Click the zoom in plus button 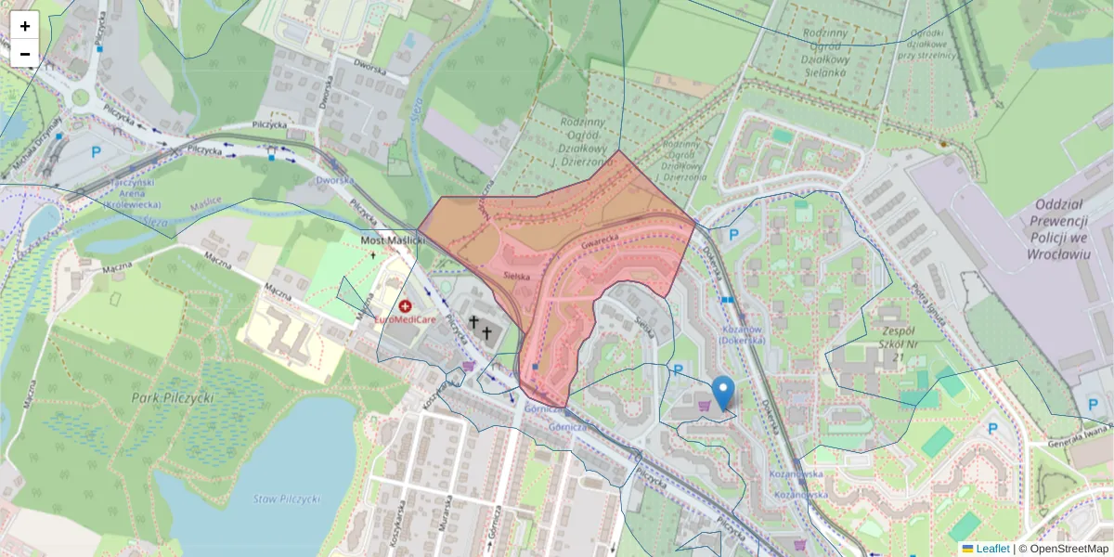click(x=25, y=26)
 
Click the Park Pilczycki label click(x=173, y=397)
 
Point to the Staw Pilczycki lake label click(x=286, y=499)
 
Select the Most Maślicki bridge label click(x=392, y=240)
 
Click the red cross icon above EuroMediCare click(x=406, y=305)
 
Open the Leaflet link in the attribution click(x=992, y=549)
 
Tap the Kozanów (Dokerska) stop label click(x=743, y=335)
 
